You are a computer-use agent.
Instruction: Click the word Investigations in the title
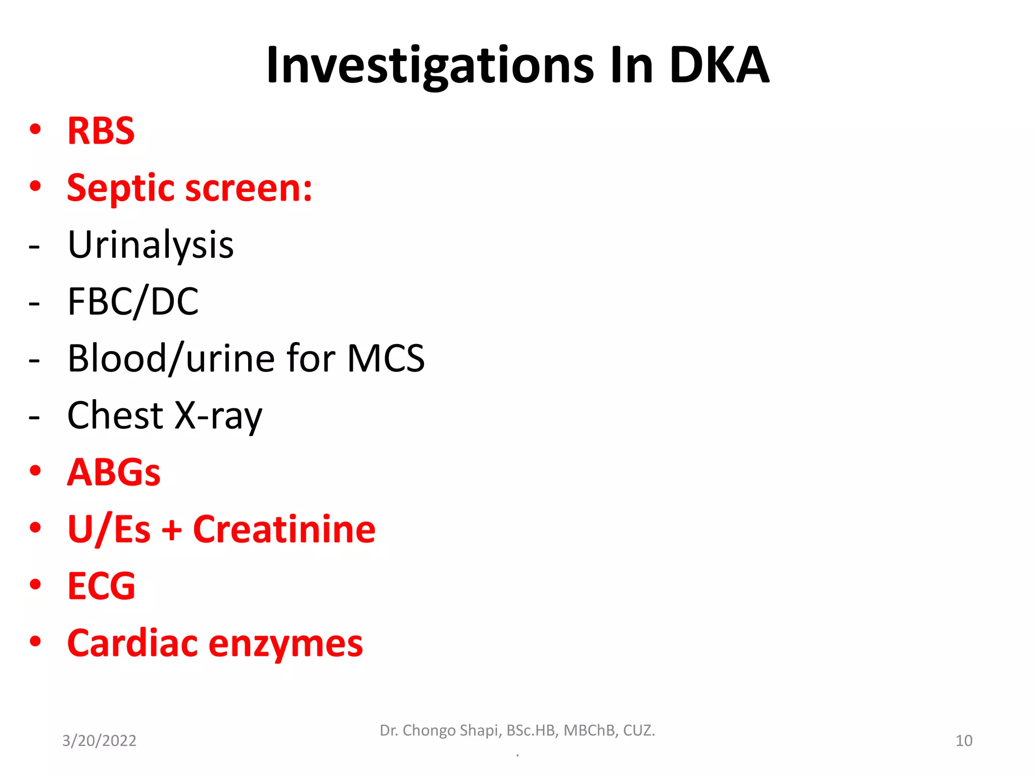tap(430, 66)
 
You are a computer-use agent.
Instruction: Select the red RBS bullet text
tap(101, 131)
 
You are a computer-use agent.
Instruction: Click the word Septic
tap(122, 188)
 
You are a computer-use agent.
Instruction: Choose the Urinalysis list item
tap(151, 245)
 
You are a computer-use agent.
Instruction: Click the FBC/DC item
tap(133, 302)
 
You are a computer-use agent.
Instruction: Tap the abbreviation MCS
tap(386, 358)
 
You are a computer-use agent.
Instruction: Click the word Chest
tap(115, 415)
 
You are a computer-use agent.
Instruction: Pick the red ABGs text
tap(114, 472)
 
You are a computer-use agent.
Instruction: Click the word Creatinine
tap(284, 529)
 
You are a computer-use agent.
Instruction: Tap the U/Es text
tap(109, 529)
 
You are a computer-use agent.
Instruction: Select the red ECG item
tap(101, 586)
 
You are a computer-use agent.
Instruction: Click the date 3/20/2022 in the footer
tap(99, 741)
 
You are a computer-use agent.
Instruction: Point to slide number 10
tap(964, 741)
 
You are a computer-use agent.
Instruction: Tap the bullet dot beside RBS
tap(35, 129)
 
